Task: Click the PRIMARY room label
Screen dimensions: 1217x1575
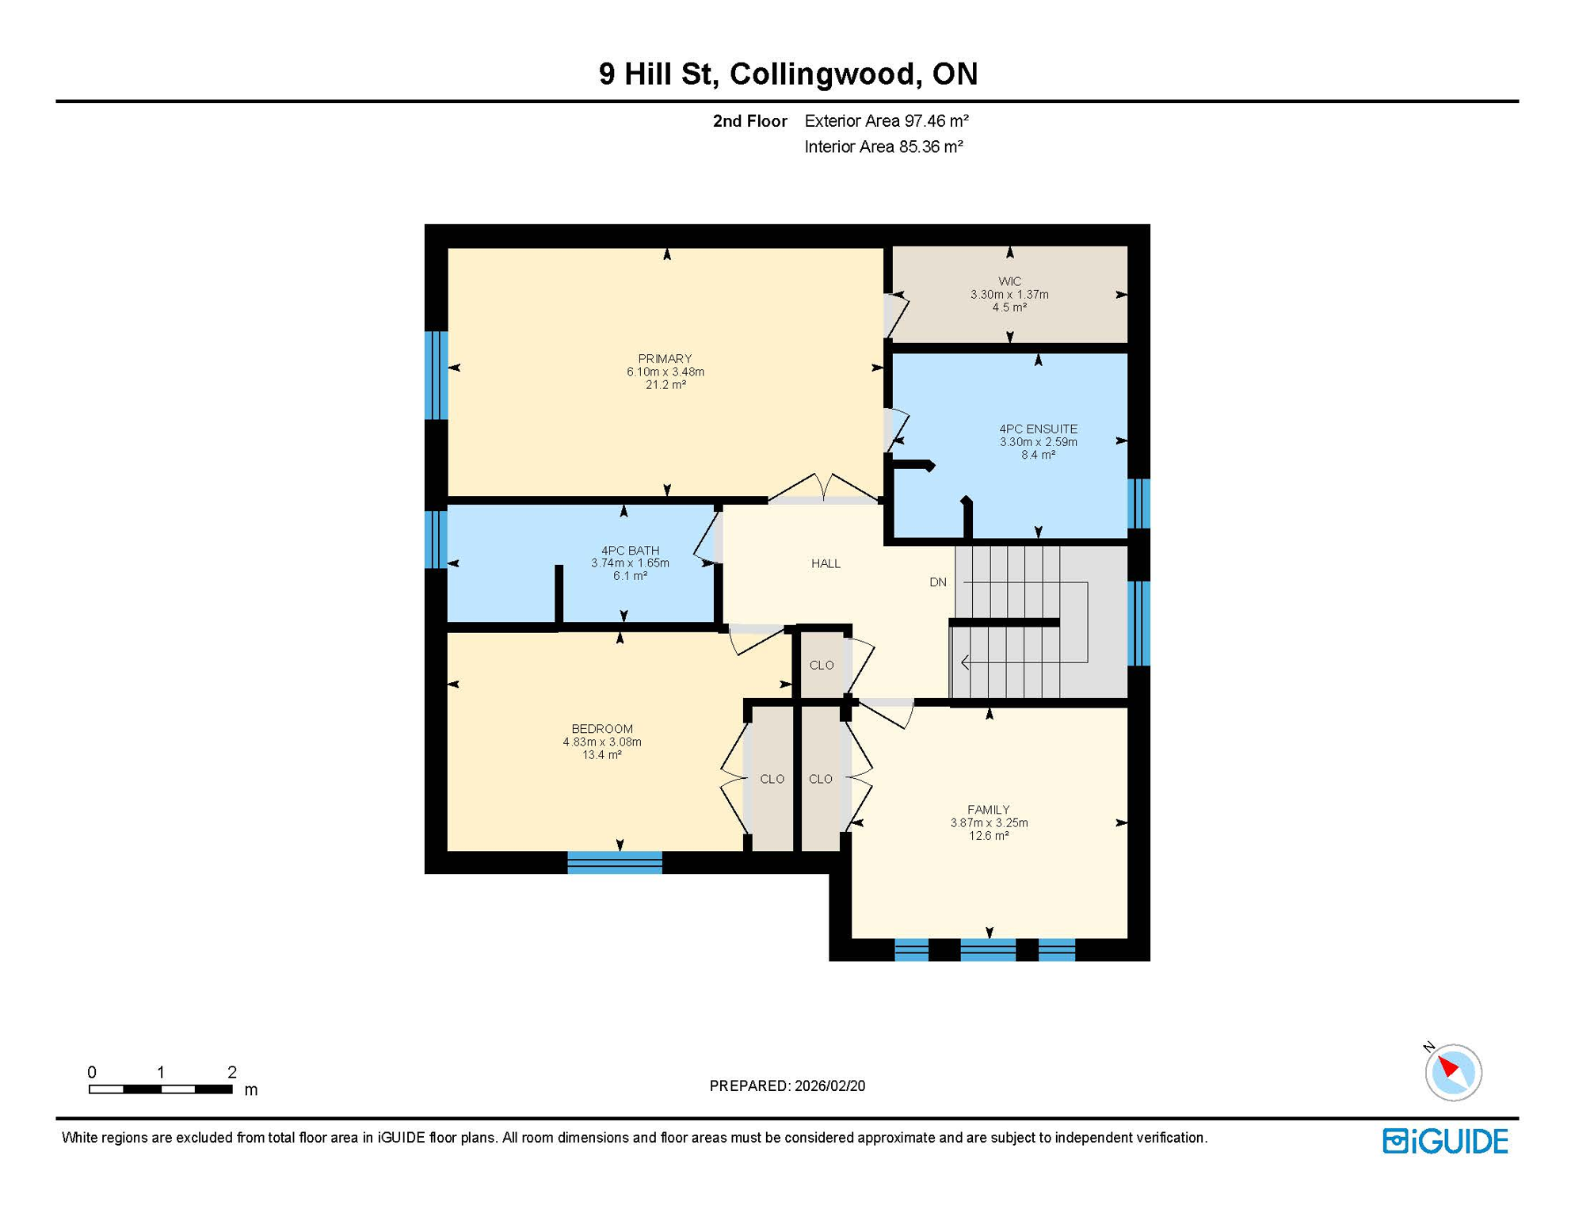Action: (x=665, y=358)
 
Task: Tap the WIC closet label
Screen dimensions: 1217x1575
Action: (x=1009, y=281)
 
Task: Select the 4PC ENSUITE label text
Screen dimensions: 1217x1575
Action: (x=1038, y=429)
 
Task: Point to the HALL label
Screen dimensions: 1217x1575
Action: (x=826, y=563)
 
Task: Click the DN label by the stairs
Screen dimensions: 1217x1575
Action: (x=938, y=582)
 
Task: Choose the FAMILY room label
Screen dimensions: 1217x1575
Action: (x=988, y=809)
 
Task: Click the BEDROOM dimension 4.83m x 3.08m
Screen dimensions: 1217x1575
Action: (x=602, y=742)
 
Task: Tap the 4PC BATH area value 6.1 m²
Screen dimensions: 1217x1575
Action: (x=630, y=576)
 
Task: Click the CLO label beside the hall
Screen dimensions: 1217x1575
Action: (x=822, y=665)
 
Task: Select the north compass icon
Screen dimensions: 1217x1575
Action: (x=1452, y=1072)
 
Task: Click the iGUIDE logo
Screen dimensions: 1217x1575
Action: (x=1445, y=1141)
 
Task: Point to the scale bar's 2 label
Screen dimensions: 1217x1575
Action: (x=231, y=1072)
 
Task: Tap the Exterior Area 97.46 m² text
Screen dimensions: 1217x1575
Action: (x=886, y=120)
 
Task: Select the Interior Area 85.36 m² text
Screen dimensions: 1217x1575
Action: (x=883, y=147)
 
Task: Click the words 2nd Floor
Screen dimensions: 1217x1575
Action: (x=749, y=120)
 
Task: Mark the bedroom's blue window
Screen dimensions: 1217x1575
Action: (x=615, y=862)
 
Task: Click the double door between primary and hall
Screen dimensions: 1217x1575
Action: (x=824, y=491)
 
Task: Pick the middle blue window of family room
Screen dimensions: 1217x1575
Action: (x=987, y=949)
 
